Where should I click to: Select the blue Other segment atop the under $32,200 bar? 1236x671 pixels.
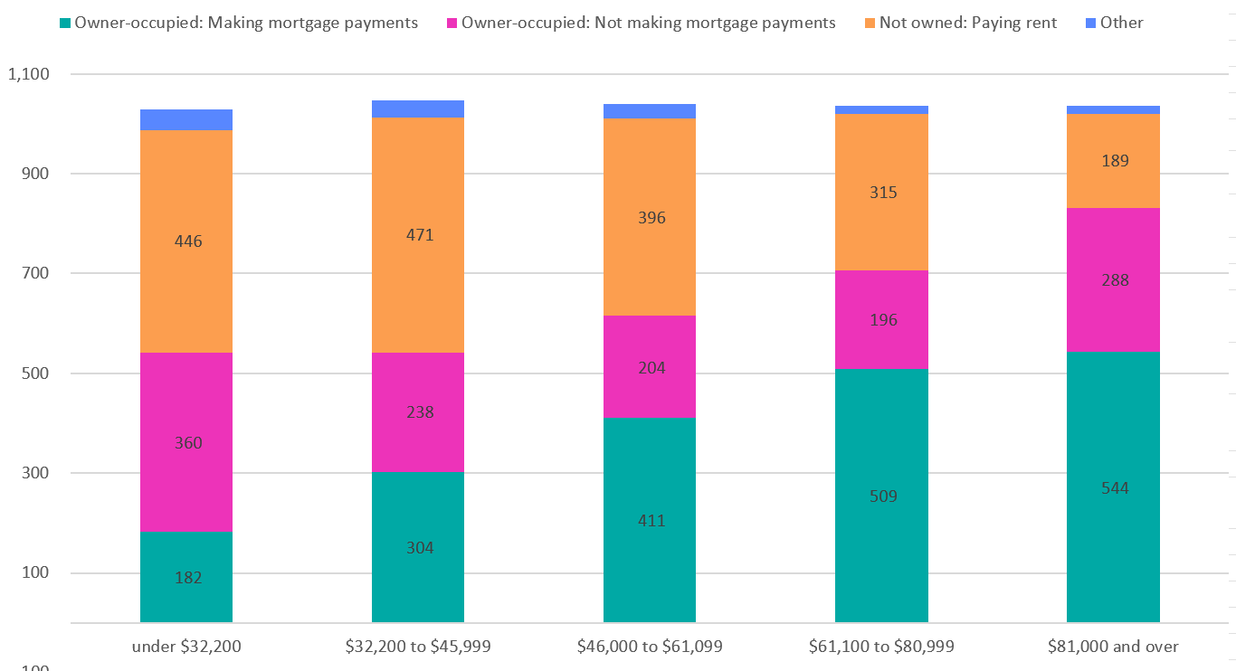point(186,119)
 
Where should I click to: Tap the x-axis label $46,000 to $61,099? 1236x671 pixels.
point(650,647)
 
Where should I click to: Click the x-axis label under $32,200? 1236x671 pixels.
point(186,647)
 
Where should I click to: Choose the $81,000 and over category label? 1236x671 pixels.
point(1113,647)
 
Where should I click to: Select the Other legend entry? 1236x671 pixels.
point(1121,23)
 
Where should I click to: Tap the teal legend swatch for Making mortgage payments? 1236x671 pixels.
point(64,23)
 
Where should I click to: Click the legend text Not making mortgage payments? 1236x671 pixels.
point(648,23)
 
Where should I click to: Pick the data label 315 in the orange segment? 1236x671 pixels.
point(881,193)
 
